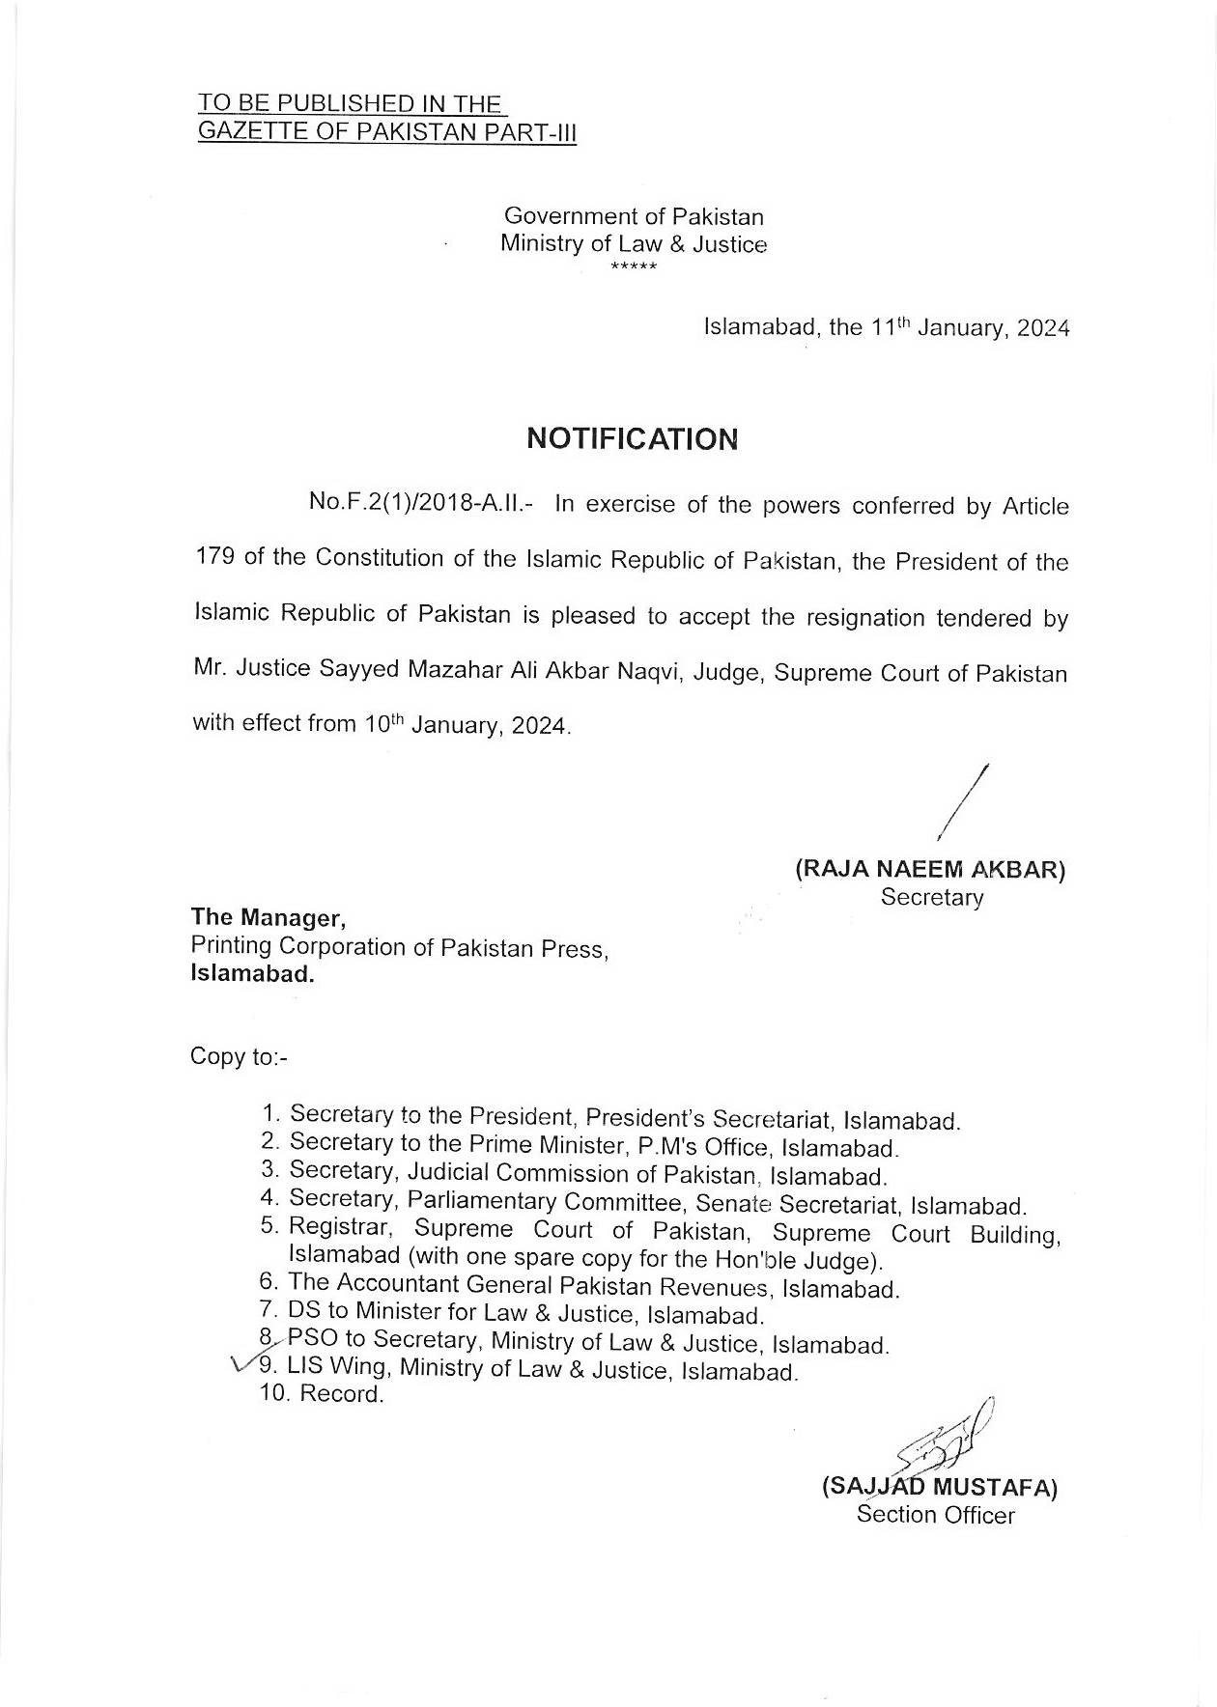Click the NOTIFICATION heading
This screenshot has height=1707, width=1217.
(x=633, y=439)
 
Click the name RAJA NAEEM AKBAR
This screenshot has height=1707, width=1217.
(x=930, y=869)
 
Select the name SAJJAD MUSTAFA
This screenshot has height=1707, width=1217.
(x=939, y=1488)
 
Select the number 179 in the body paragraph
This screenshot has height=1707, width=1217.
(x=212, y=558)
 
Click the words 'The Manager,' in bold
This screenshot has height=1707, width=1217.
(x=268, y=916)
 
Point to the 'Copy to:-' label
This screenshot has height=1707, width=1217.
(x=239, y=1056)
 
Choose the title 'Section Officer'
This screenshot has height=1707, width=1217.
(x=935, y=1515)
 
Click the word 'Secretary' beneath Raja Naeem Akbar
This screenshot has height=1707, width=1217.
(x=931, y=897)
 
